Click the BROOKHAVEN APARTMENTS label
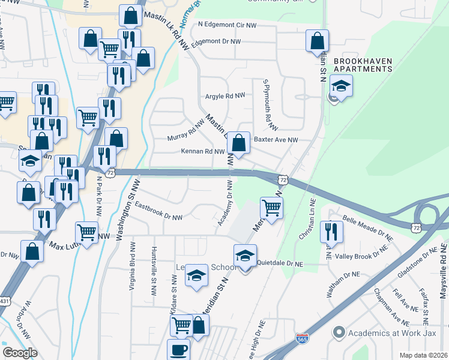point(363,65)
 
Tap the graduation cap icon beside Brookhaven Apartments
point(341,86)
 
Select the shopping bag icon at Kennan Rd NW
point(239,144)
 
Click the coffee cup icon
point(178,350)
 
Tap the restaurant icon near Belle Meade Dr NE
point(331,232)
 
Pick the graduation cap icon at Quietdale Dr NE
point(244,256)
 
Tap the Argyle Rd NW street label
point(225,96)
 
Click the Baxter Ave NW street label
point(276,140)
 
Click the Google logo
point(20,353)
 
